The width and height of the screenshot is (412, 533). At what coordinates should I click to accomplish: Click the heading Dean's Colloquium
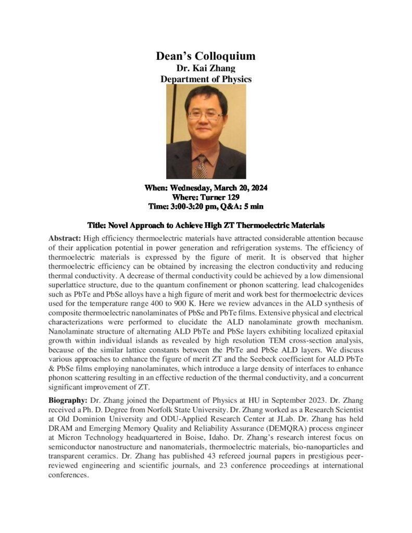[x=206, y=56]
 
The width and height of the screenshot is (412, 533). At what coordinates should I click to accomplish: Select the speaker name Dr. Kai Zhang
[x=206, y=68]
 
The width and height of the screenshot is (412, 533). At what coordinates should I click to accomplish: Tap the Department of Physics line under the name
[x=206, y=79]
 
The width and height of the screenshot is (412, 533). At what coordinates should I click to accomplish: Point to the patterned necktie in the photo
[x=201, y=167]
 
